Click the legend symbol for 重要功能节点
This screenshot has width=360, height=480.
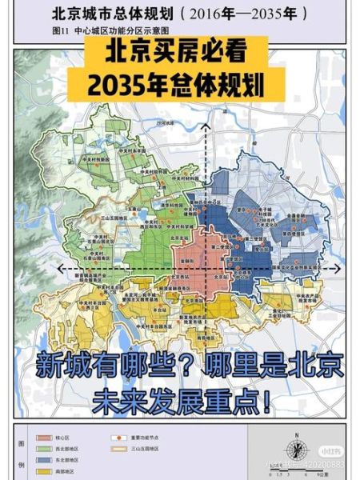click(117, 438)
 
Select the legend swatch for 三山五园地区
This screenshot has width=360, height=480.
click(117, 449)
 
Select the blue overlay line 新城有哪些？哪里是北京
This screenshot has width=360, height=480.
click(189, 366)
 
